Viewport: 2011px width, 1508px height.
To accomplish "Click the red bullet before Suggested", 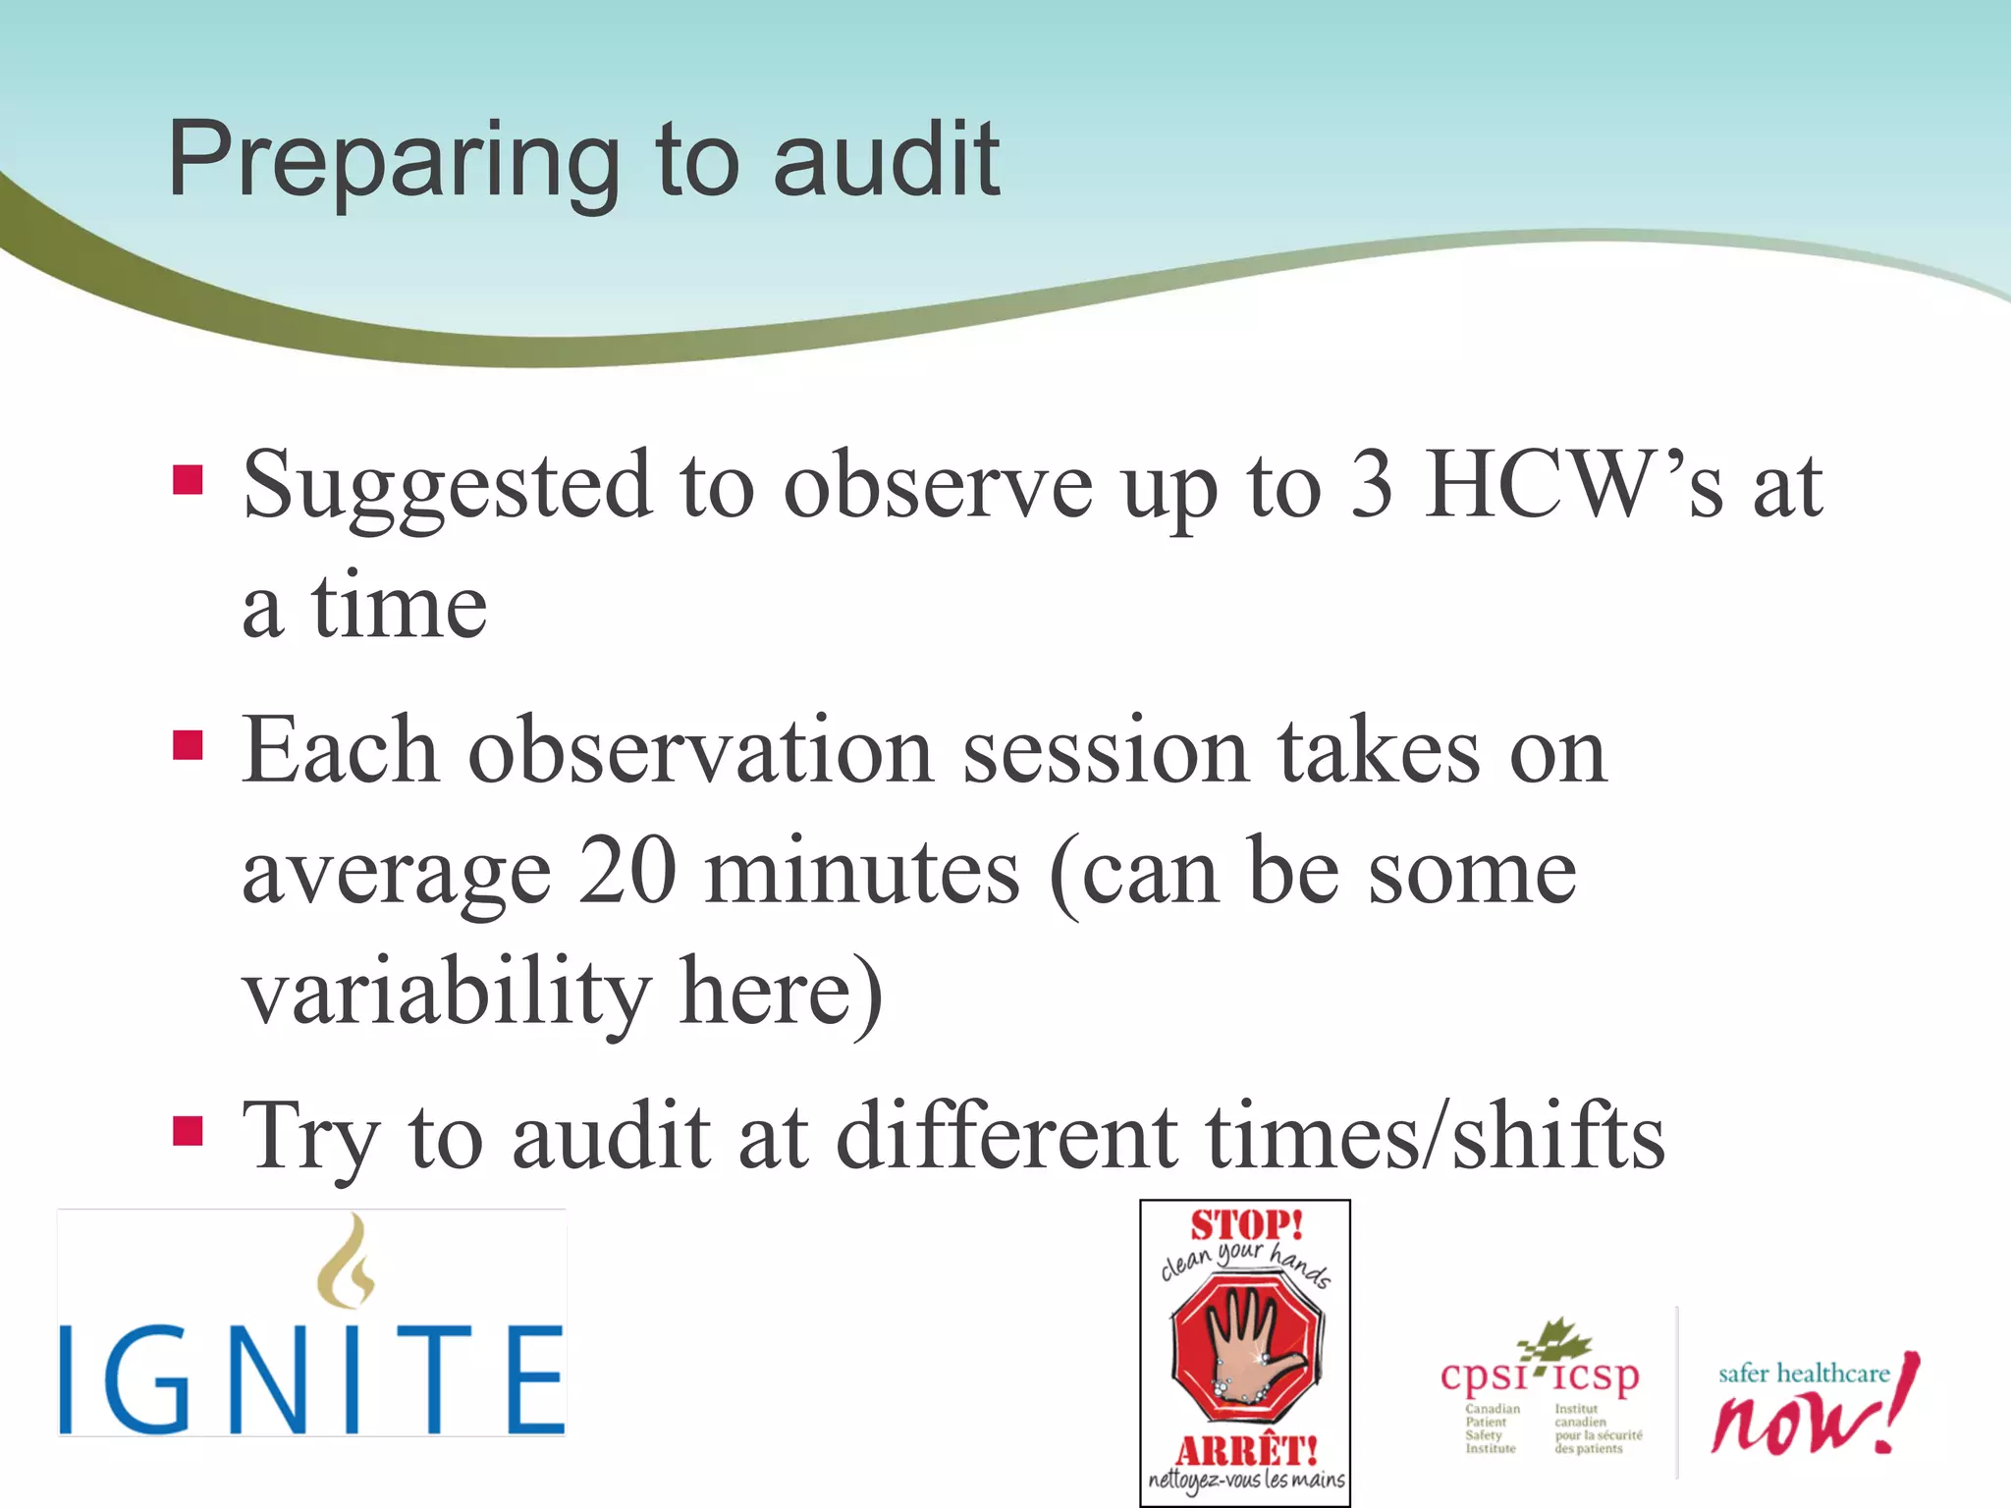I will pyautogui.click(x=188, y=480).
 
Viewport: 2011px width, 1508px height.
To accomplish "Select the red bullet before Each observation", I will pyautogui.click(x=188, y=745).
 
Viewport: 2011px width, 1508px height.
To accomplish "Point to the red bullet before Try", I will pyautogui.click(x=188, y=1131).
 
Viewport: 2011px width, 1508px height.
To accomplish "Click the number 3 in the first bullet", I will pyautogui.click(x=1372, y=484).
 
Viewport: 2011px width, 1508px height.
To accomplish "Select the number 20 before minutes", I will pyautogui.click(x=627, y=871).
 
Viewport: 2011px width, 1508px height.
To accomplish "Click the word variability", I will pyautogui.click(x=447, y=992).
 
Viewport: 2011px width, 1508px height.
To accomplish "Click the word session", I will pyautogui.click(x=1105, y=751).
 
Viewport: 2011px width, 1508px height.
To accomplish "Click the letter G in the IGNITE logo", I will pyautogui.click(x=157, y=1379).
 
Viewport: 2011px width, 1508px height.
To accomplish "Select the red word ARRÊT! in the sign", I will pyautogui.click(x=1246, y=1450).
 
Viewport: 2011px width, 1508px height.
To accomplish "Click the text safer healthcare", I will pyautogui.click(x=1803, y=1373).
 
